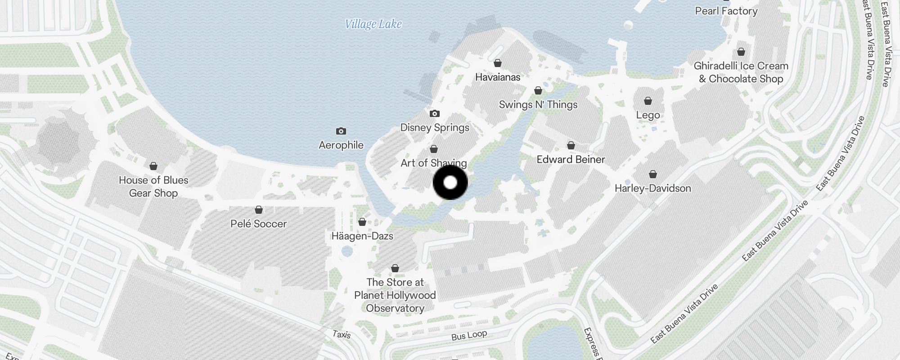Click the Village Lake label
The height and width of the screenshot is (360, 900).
(x=373, y=24)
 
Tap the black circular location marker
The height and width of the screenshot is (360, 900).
(x=450, y=183)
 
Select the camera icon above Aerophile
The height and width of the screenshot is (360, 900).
(x=341, y=131)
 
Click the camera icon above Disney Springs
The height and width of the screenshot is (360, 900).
(x=434, y=113)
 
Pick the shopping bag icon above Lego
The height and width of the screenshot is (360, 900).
(x=648, y=101)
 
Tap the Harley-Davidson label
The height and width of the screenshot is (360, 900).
(x=652, y=188)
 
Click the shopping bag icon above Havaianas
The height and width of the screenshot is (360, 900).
(x=498, y=63)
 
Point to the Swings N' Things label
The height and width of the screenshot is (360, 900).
(x=538, y=105)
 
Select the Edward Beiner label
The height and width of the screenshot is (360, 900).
(x=571, y=159)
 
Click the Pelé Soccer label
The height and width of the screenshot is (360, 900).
(x=258, y=224)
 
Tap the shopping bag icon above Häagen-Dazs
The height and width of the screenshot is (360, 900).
(x=362, y=222)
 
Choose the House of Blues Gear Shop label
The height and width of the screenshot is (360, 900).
(x=153, y=186)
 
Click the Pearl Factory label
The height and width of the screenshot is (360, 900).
(x=726, y=11)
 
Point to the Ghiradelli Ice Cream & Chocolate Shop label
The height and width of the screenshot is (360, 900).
(x=741, y=72)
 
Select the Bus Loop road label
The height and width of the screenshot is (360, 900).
(x=469, y=335)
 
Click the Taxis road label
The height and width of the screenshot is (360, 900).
(x=341, y=334)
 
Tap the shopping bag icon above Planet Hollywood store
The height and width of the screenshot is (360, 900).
(x=395, y=268)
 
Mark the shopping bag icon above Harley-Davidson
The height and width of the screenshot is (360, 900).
(x=653, y=174)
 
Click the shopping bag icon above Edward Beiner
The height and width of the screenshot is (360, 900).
(x=571, y=145)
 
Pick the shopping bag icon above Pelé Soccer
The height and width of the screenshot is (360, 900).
(x=259, y=210)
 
